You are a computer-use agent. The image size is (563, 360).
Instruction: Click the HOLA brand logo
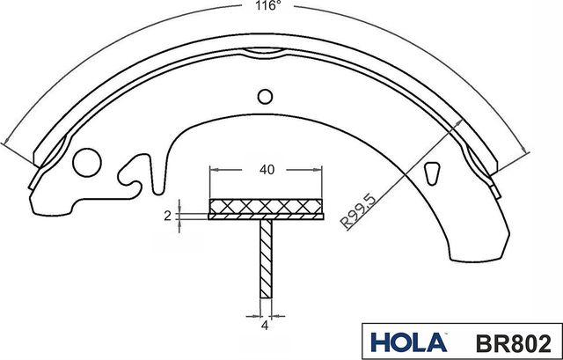click(x=401, y=341)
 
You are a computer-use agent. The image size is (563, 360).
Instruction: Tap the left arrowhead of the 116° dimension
click(x=7, y=143)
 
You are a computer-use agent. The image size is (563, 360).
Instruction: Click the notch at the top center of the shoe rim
click(x=264, y=52)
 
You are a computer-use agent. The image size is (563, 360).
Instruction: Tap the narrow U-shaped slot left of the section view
click(x=157, y=173)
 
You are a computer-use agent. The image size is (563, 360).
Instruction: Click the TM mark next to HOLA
click(x=439, y=331)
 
